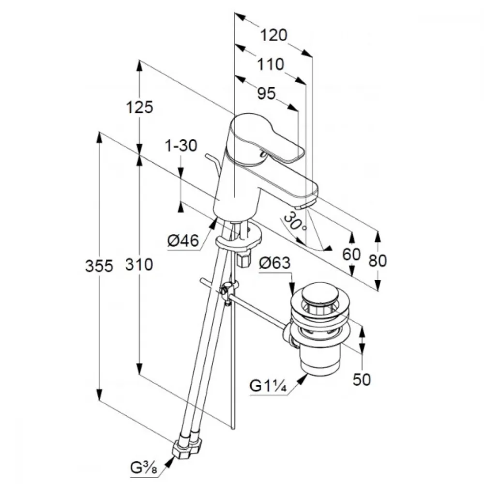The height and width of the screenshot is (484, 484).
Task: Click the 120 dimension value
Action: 274,35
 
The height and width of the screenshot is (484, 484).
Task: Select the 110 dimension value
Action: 271,64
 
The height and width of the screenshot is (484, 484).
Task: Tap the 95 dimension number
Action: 266,93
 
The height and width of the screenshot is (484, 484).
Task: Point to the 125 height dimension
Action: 139,107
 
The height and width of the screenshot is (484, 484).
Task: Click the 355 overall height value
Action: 99,266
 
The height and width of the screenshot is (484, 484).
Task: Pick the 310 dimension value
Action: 139,265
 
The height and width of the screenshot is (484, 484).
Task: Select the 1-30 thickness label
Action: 181,145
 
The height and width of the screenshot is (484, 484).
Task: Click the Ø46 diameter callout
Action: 183,241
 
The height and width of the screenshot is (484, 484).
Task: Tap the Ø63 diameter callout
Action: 275,263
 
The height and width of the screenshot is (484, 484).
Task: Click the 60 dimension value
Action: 351,255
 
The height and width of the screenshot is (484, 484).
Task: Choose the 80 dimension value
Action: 378,261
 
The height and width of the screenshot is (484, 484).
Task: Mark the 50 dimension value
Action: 362,379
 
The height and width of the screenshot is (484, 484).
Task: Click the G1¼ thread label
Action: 268,386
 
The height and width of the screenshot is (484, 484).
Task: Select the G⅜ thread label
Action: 144,469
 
